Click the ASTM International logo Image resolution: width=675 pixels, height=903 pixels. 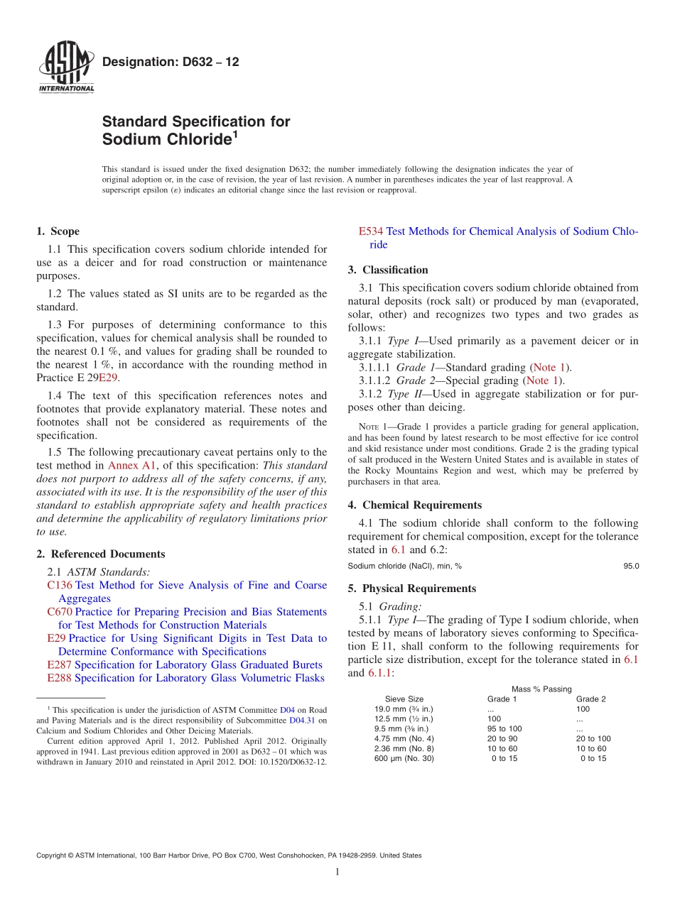(65, 68)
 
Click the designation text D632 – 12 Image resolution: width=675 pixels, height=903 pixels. (171, 62)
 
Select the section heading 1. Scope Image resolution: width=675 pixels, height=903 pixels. (58, 231)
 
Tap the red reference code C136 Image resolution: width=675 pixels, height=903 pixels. (59, 586)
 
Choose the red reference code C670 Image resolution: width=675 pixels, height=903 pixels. (59, 612)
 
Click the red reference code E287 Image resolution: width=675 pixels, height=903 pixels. (59, 665)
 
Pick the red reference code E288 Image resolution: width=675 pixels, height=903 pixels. (59, 678)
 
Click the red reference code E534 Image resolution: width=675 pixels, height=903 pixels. (371, 231)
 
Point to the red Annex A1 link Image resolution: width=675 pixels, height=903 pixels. (129, 466)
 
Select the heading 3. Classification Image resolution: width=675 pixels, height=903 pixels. (389, 270)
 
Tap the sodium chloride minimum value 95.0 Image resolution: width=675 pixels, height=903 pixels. (631, 566)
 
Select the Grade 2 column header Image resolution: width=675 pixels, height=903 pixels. (591, 699)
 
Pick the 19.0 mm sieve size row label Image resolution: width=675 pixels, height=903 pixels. (404, 709)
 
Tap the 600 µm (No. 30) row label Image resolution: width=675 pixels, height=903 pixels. (404, 759)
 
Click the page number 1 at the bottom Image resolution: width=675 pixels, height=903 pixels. (337, 872)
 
